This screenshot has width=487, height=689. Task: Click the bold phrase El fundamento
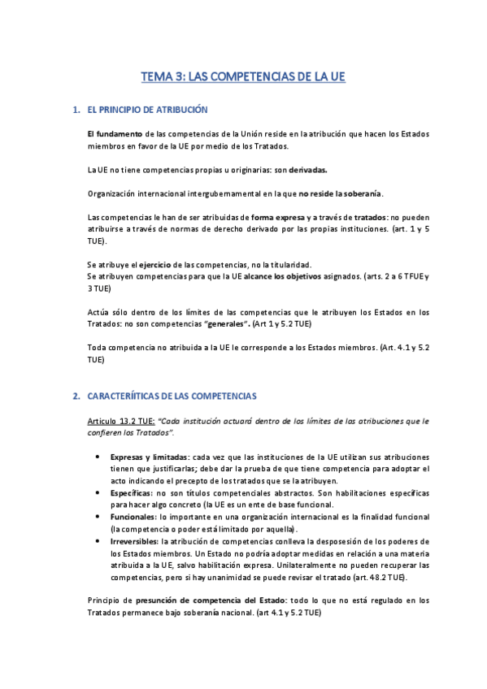115,134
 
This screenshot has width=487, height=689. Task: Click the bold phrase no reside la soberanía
340,193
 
